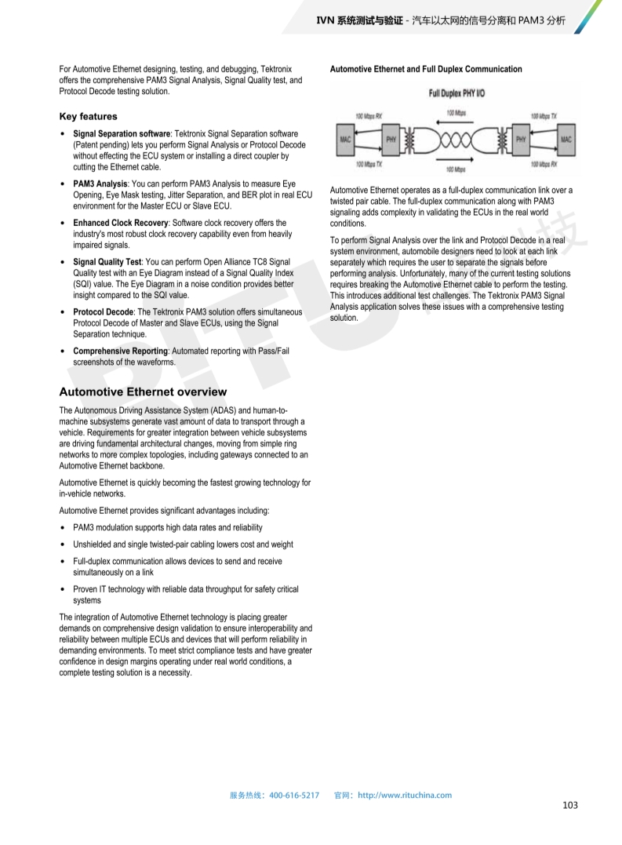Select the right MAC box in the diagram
coord(566,140)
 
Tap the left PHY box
coord(392,140)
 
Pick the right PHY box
coord(520,140)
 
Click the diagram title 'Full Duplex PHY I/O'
coord(456,93)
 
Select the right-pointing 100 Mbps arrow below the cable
coord(456,160)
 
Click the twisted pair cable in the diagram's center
coord(456,140)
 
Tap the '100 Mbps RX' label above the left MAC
coord(369,115)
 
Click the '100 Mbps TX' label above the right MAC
coord(544,115)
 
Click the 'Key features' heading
coord(88,116)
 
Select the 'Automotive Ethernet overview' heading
coord(143,392)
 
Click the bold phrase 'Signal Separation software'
coord(122,134)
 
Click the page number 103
coord(570,806)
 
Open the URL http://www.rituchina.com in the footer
coord(404,795)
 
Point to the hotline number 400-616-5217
coord(294,795)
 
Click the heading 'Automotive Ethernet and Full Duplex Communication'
coord(426,69)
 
